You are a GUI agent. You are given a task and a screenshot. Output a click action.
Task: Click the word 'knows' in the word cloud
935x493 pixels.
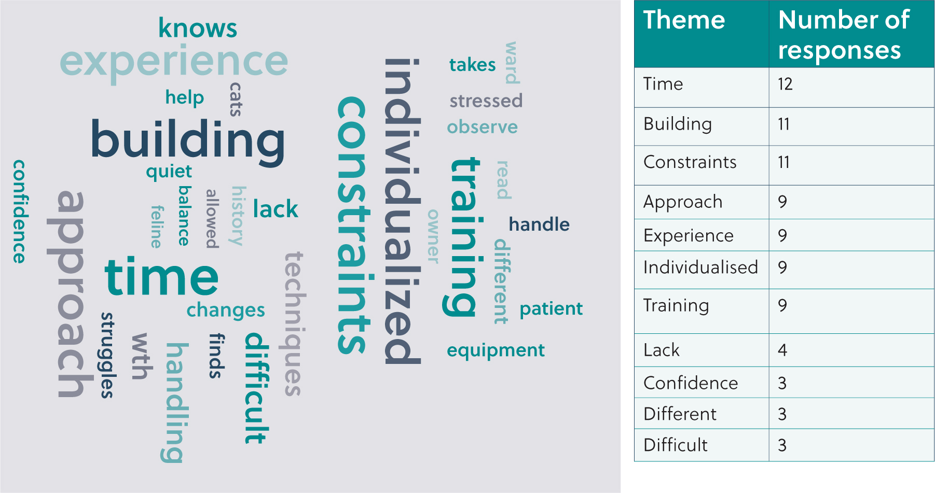pos(197,28)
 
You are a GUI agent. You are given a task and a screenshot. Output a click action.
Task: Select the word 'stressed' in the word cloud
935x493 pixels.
pos(486,101)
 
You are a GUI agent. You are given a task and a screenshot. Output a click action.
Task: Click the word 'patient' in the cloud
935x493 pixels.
pos(551,309)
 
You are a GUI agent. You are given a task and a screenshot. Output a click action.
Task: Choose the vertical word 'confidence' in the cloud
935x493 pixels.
pos(20,212)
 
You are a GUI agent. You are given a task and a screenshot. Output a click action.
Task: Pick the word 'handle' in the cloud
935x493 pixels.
pos(539,224)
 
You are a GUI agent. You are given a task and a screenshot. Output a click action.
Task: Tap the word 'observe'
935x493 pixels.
pos(482,127)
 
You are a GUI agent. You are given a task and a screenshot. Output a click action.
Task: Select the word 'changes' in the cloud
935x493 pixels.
pos(226,311)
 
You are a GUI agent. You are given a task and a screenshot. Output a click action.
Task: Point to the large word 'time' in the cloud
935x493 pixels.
pos(161,277)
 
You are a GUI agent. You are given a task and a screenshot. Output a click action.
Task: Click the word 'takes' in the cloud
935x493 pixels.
pos(472,65)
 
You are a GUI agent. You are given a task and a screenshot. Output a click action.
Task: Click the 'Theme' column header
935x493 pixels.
pos(684,20)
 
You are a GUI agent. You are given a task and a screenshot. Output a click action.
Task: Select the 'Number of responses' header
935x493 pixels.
pos(844,35)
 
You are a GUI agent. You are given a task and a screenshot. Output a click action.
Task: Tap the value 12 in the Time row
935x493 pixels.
pos(785,84)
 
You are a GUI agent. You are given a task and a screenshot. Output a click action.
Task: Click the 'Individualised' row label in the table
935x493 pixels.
pos(700,267)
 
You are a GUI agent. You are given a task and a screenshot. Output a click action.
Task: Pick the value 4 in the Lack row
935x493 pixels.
pos(782,350)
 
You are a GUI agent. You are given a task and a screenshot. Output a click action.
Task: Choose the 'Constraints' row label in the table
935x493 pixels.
pos(690,162)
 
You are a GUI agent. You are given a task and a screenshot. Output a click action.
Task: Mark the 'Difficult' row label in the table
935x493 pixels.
pos(675,445)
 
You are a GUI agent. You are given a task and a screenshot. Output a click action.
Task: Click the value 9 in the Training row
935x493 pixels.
pos(782,306)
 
